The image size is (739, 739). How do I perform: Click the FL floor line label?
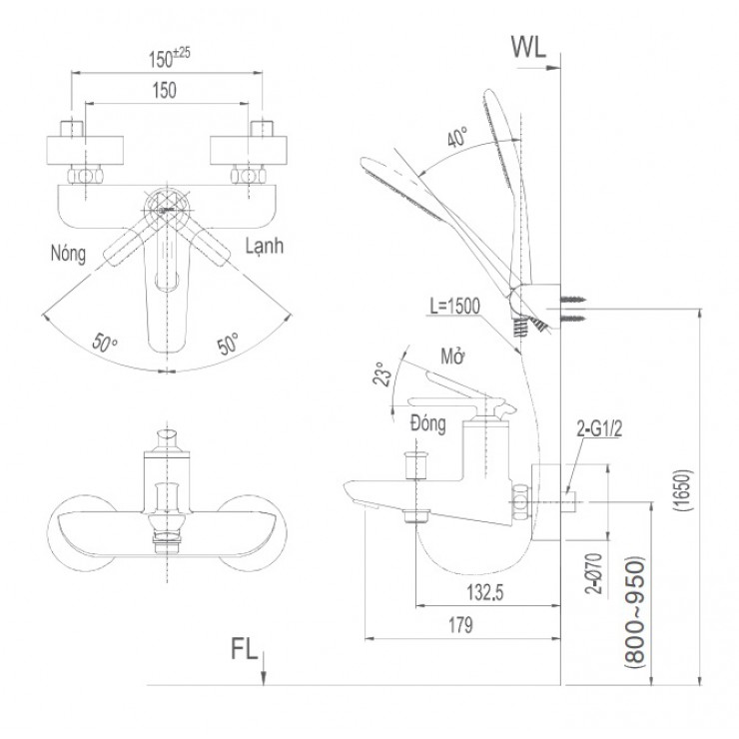[243, 649]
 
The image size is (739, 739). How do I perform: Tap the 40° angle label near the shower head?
[458, 139]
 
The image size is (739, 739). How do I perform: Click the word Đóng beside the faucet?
[426, 423]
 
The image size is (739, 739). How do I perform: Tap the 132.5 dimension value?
[481, 592]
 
